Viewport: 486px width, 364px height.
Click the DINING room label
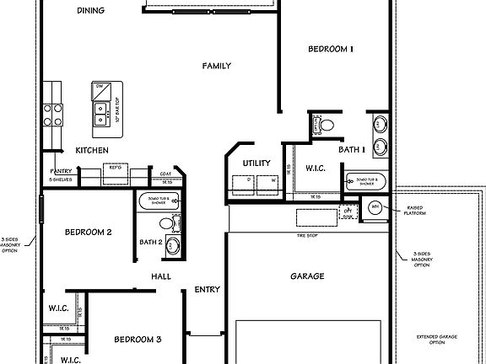tap(90, 11)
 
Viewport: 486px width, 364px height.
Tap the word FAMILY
tap(216, 66)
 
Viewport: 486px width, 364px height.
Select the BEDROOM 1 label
tap(330, 50)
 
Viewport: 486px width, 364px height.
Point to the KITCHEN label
tap(92, 150)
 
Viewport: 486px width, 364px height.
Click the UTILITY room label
tap(256, 163)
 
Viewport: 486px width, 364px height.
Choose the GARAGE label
tap(307, 276)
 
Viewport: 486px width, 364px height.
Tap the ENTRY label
tap(208, 290)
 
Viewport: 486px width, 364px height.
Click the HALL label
tap(161, 276)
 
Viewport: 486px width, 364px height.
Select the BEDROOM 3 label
tap(138, 340)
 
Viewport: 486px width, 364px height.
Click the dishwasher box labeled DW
tap(100, 87)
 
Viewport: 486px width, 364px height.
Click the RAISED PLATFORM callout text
tap(416, 211)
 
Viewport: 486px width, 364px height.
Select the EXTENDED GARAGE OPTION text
tap(437, 340)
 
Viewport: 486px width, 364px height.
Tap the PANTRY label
tap(61, 171)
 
